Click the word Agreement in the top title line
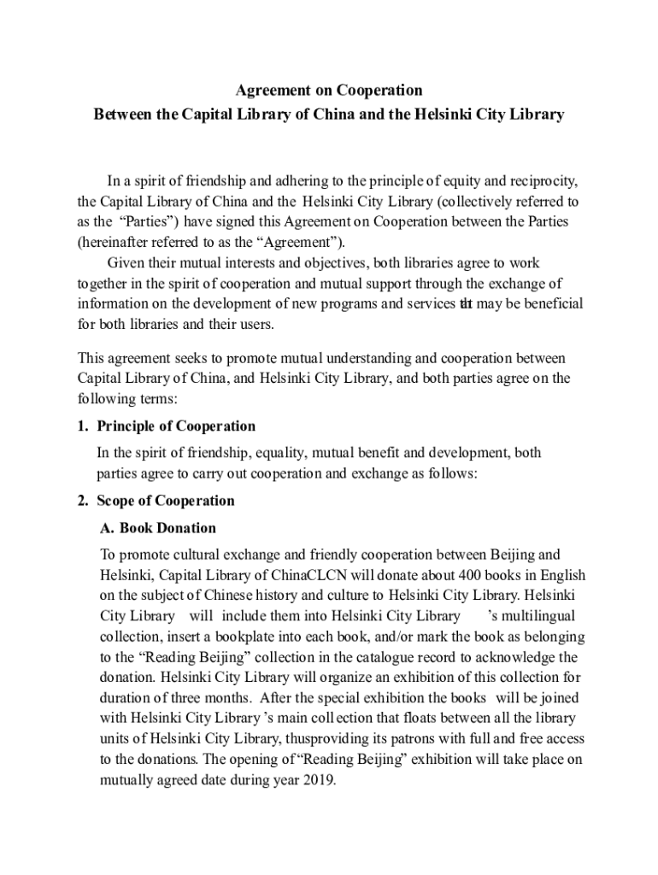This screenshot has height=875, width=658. coord(271,90)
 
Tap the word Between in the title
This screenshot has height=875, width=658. coord(121,115)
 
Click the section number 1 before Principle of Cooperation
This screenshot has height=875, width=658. coord(81,426)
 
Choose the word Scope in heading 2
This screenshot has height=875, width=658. coord(117,501)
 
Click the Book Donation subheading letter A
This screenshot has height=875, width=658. coord(107,527)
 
